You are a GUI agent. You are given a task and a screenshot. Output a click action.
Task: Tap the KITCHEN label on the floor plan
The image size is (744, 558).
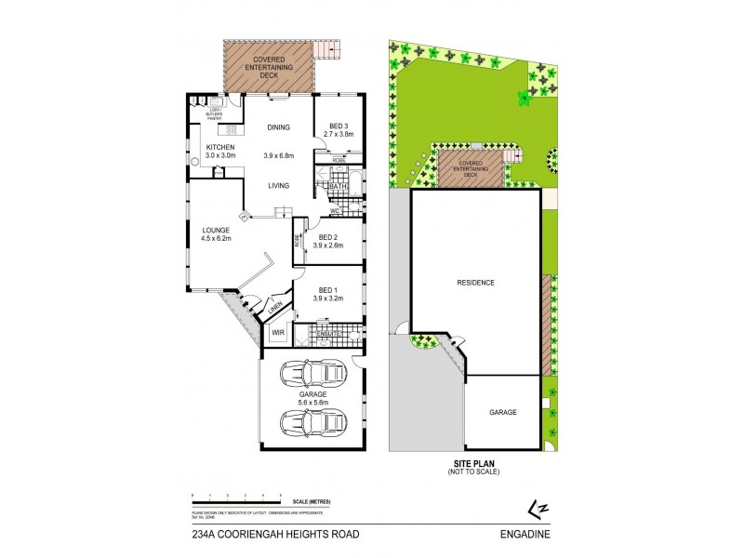click(x=220, y=147)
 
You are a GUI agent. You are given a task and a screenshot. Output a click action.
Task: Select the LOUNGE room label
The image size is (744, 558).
click(x=217, y=229)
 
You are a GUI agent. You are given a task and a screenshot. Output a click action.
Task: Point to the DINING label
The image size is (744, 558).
click(x=278, y=127)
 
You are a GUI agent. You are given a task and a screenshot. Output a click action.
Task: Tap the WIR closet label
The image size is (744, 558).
click(x=277, y=332)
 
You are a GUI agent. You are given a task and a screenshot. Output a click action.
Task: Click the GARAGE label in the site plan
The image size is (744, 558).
click(x=502, y=412)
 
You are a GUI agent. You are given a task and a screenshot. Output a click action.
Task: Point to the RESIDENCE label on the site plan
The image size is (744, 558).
click(x=475, y=282)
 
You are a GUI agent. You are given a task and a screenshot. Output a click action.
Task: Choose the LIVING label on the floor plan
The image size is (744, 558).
click(x=278, y=186)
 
